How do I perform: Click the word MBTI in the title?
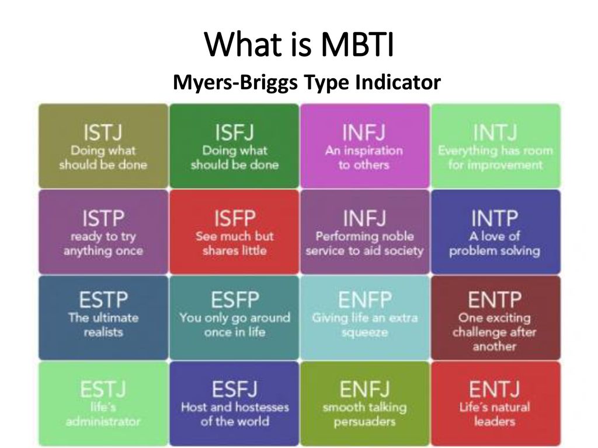[357, 44]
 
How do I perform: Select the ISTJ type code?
[103, 132]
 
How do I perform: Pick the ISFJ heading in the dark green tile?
[234, 132]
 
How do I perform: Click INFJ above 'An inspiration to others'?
[364, 132]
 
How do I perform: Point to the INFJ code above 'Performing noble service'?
[364, 218]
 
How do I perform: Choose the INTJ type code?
[495, 132]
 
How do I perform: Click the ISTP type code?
[103, 218]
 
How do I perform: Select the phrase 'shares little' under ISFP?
[235, 250]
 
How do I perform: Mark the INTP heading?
[495, 218]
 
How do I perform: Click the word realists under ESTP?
[103, 332]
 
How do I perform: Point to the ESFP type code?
[235, 300]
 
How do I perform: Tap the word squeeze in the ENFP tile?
[364, 332]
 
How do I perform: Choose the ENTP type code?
[495, 300]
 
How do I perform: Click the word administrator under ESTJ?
[103, 421]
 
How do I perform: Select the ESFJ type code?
[235, 389]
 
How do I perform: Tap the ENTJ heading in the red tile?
[495, 389]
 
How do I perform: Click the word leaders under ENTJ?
[495, 421]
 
